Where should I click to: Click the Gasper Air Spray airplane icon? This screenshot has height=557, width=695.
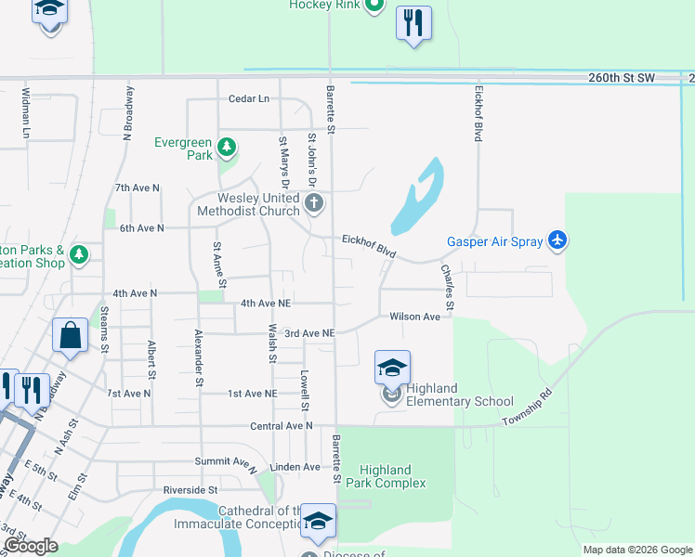point(557,240)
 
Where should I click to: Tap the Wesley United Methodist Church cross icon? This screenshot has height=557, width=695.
point(315,203)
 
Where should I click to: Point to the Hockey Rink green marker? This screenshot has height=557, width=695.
point(374,6)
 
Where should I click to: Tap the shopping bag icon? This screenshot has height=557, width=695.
point(71,336)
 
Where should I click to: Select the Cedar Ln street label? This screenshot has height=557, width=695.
point(249,98)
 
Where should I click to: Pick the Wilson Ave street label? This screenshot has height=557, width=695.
point(414,317)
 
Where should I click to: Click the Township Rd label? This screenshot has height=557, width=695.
point(528,408)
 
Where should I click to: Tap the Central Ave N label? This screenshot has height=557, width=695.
point(282,426)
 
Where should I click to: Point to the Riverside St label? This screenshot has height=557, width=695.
point(190,489)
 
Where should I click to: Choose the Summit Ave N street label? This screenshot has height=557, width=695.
point(225,461)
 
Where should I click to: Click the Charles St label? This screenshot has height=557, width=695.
point(448,287)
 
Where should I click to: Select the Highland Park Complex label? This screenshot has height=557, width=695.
point(386,476)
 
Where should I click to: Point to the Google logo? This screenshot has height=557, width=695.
point(31,546)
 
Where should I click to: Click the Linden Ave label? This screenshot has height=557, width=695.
point(295,467)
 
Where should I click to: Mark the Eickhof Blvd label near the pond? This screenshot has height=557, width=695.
point(368,246)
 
